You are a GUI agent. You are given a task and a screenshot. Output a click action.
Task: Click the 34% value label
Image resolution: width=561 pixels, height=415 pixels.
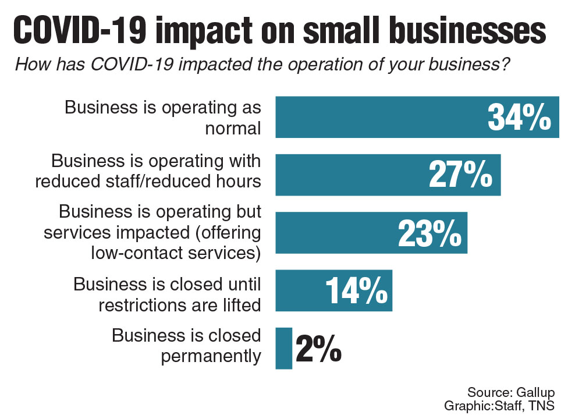click(519, 118)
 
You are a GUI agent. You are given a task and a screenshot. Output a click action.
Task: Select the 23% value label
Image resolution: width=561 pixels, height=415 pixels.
click(429, 233)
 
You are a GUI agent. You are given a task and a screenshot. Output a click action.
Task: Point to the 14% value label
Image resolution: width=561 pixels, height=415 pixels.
click(356, 290)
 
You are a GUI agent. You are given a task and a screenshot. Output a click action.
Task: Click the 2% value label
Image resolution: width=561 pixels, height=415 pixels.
click(318, 348)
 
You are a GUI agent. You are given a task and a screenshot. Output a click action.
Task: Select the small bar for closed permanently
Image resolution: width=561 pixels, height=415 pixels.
click(283, 348)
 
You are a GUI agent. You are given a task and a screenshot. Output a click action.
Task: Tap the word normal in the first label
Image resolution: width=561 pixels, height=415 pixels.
click(233, 128)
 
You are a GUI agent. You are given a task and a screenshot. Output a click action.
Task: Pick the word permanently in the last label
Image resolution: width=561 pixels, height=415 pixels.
click(211, 356)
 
